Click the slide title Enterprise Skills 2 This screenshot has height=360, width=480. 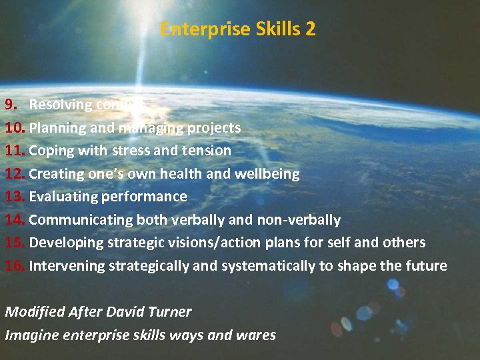pos(238,29)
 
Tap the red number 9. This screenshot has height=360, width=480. pos(12,105)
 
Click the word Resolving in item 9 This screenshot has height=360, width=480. pos(61,105)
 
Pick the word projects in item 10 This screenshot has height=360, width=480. pos(213,127)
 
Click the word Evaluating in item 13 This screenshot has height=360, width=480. pos(63,197)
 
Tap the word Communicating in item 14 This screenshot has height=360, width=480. pos(81,220)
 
